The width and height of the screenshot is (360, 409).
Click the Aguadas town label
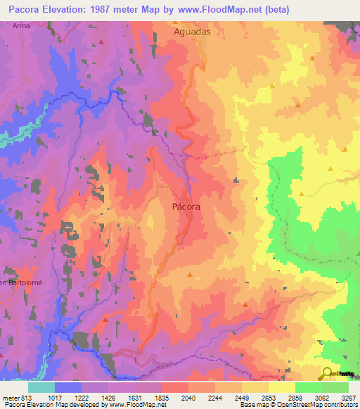pos(192,32)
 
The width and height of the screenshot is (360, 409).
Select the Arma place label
pos(20,25)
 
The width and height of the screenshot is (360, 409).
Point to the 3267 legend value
pos(348,397)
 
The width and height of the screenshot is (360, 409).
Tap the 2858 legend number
pos(283,397)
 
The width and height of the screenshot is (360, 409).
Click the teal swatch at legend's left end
pos(41,387)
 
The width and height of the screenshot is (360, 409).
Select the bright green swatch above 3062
pos(309,387)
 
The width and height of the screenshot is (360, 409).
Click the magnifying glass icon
pos(327,372)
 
